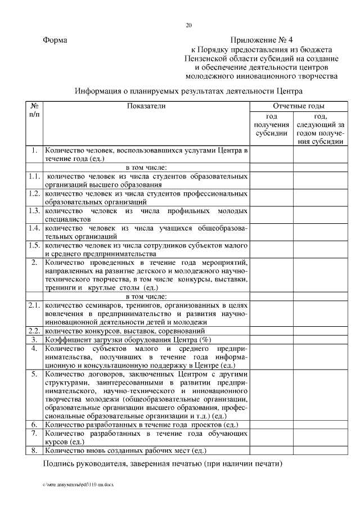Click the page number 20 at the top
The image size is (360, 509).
[x=189, y=25]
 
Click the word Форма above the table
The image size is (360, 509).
[x=55, y=40]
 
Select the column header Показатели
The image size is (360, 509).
[x=146, y=106]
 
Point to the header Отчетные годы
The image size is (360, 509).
[x=298, y=106]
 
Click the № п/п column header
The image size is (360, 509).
[x=34, y=110]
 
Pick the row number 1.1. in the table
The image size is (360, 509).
[x=34, y=177]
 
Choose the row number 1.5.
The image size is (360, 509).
[x=34, y=245]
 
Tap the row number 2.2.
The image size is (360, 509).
[x=34, y=331]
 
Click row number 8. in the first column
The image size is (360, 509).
[x=34, y=451]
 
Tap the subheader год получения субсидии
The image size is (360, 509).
[x=271, y=124]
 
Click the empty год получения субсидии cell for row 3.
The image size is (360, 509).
[x=271, y=340]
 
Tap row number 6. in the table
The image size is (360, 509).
[x=34, y=425]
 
